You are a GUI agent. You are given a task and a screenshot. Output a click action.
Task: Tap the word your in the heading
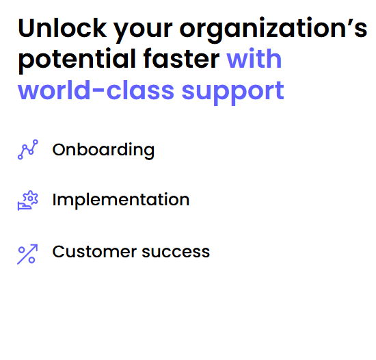point(143,31)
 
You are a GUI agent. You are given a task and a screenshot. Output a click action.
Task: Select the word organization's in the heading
point(273,30)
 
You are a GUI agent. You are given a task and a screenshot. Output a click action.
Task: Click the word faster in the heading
point(181,58)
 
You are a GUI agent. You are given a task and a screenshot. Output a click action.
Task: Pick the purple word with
point(254,58)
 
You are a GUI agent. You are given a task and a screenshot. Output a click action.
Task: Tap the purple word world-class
point(96,90)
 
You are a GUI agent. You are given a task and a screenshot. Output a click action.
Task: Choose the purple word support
point(233,92)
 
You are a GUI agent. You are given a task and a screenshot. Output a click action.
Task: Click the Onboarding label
point(103,151)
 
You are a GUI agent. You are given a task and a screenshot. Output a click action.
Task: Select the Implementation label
point(121,200)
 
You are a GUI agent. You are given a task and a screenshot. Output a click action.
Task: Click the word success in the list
point(176,253)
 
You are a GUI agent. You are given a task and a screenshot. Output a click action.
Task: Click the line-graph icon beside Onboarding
point(28,149)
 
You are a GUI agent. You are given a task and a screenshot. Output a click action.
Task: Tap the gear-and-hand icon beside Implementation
point(28,201)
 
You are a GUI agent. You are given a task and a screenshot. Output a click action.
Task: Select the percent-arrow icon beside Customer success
point(27,255)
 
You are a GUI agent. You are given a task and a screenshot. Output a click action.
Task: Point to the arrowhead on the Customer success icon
point(36,246)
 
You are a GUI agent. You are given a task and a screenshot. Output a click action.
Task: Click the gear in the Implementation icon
point(31,198)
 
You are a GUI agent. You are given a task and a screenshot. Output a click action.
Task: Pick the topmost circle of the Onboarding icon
point(36,142)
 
